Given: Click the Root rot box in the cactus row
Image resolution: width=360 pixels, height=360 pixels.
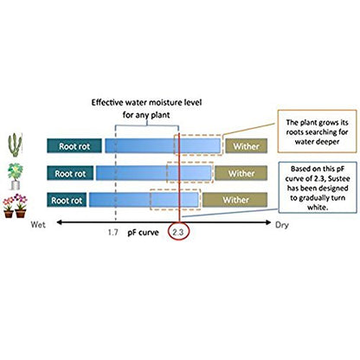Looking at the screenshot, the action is [x=74, y=146].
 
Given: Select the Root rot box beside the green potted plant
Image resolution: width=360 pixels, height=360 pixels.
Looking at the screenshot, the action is [x=70, y=173].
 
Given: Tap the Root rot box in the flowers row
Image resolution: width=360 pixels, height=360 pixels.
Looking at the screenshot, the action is [x=67, y=200].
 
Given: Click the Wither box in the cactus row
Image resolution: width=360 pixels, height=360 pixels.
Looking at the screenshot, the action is [x=247, y=146].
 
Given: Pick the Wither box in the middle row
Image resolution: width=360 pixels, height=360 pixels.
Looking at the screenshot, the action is [x=241, y=173].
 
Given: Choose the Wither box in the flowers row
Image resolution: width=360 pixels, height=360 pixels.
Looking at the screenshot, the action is [x=235, y=200].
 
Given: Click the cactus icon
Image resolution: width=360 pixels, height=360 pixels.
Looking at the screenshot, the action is [x=15, y=145].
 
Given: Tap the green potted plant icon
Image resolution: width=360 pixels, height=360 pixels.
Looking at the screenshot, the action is [x=16, y=176].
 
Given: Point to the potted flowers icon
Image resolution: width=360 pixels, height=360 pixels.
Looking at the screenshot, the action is [x=15, y=206].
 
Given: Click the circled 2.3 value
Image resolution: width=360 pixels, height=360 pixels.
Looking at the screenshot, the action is [x=178, y=232].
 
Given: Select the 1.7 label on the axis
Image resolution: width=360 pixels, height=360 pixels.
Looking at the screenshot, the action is [x=113, y=232].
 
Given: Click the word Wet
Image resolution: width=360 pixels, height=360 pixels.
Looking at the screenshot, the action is [x=38, y=224].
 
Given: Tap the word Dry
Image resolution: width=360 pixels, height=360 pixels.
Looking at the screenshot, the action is [x=282, y=225].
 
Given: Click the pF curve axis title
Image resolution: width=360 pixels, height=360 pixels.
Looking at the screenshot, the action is [x=143, y=233].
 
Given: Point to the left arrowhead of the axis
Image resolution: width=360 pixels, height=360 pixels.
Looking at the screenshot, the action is [x=58, y=222].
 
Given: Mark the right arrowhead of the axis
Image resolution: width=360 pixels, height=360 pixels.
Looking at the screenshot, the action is [x=269, y=222].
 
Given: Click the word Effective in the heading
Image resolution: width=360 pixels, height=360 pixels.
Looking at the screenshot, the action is [x=107, y=102].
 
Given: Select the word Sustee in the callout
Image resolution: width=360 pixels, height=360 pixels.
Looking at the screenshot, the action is [x=339, y=178].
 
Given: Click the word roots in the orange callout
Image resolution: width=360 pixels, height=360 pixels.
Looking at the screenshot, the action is [x=295, y=132].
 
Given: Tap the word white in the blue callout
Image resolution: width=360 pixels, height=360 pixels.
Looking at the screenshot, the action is [x=318, y=207].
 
